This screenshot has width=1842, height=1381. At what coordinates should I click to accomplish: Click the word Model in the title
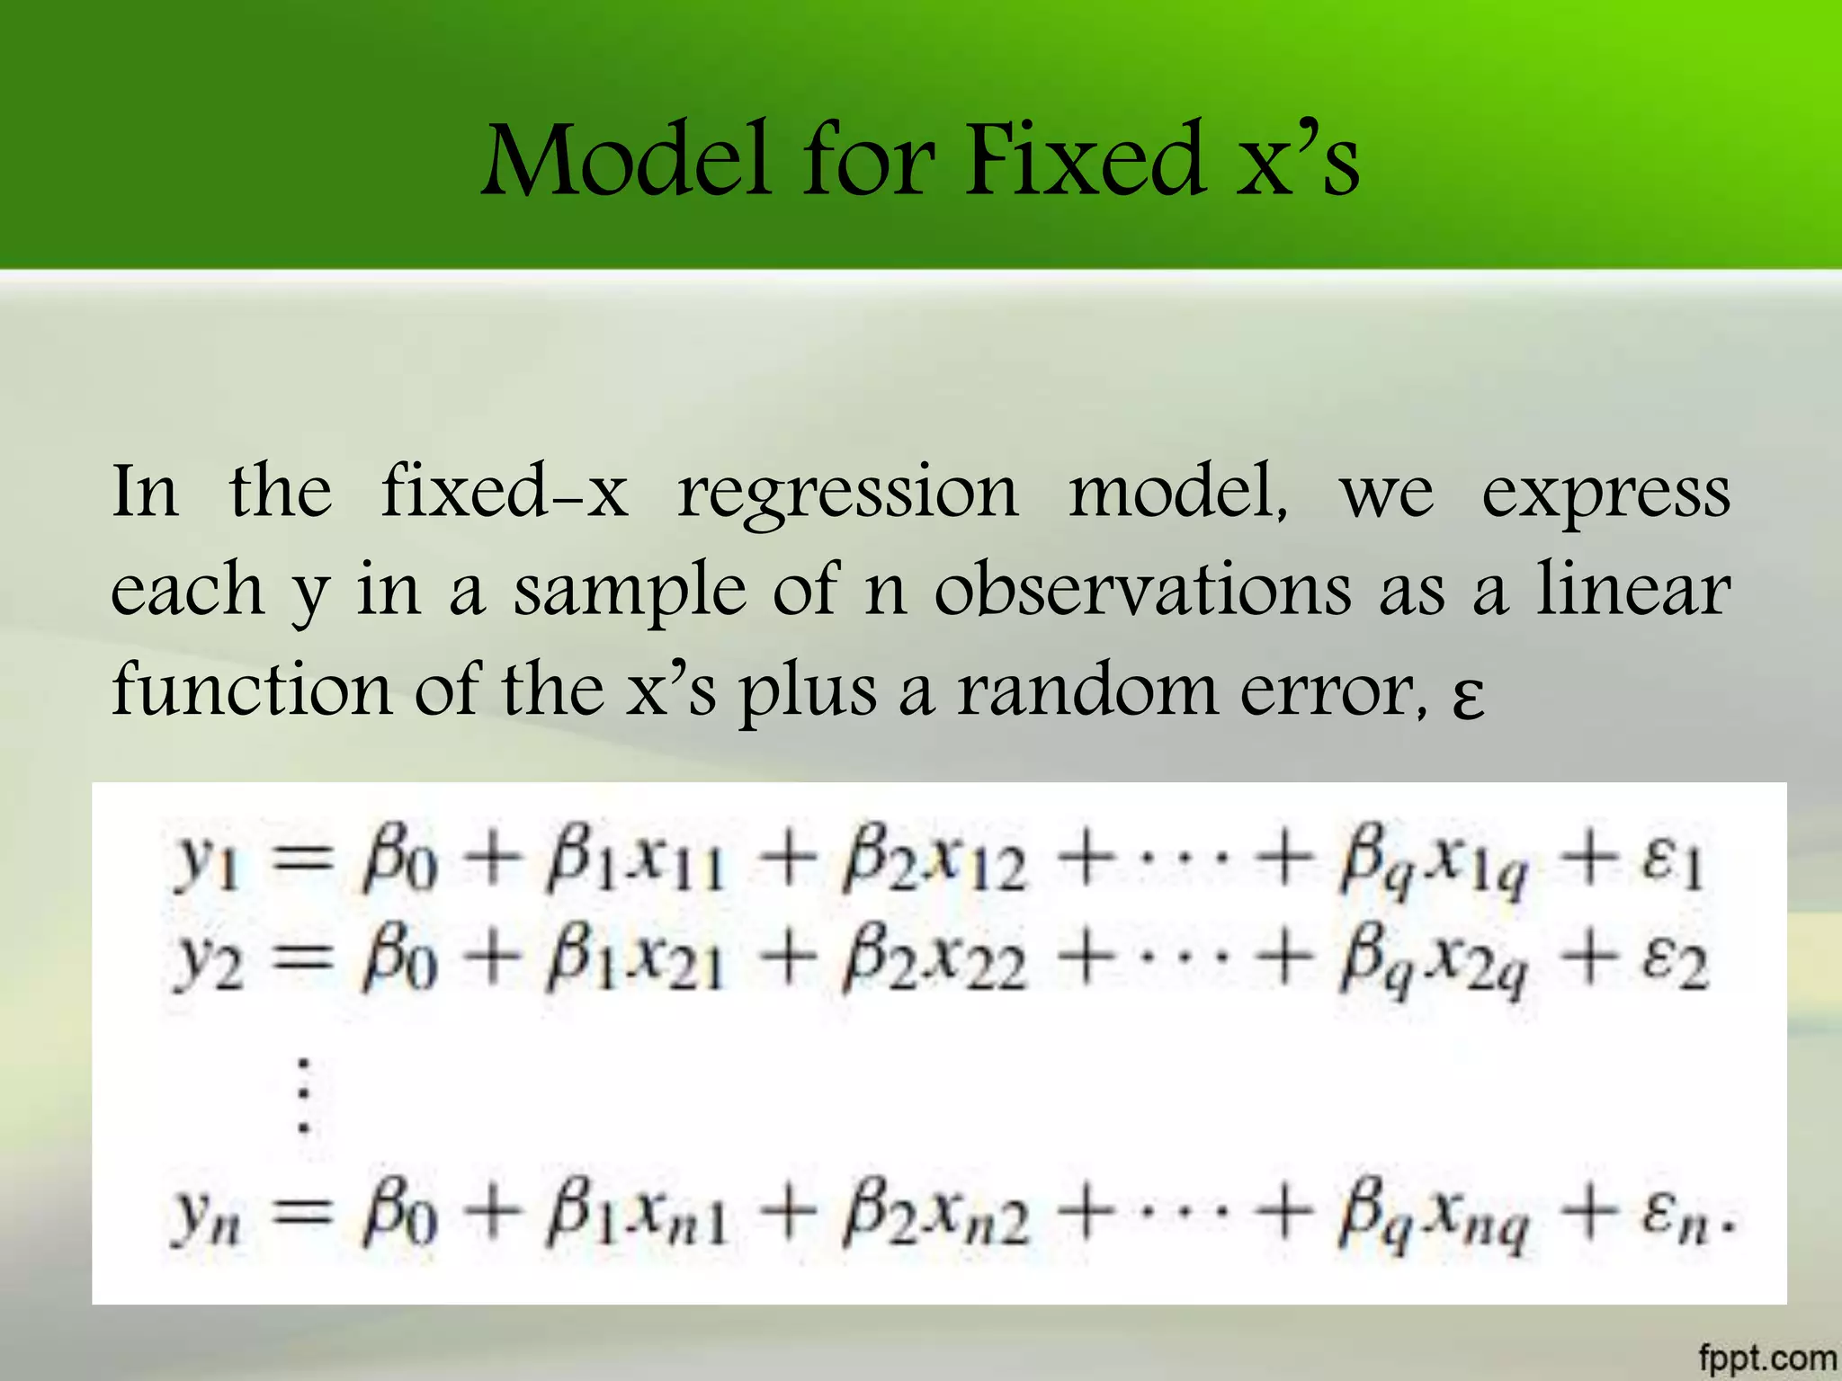click(627, 160)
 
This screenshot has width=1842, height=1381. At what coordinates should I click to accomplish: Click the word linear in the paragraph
click(1632, 589)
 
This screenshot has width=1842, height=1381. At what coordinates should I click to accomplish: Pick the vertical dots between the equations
click(304, 1095)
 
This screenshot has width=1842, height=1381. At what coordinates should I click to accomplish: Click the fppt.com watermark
click(1766, 1357)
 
